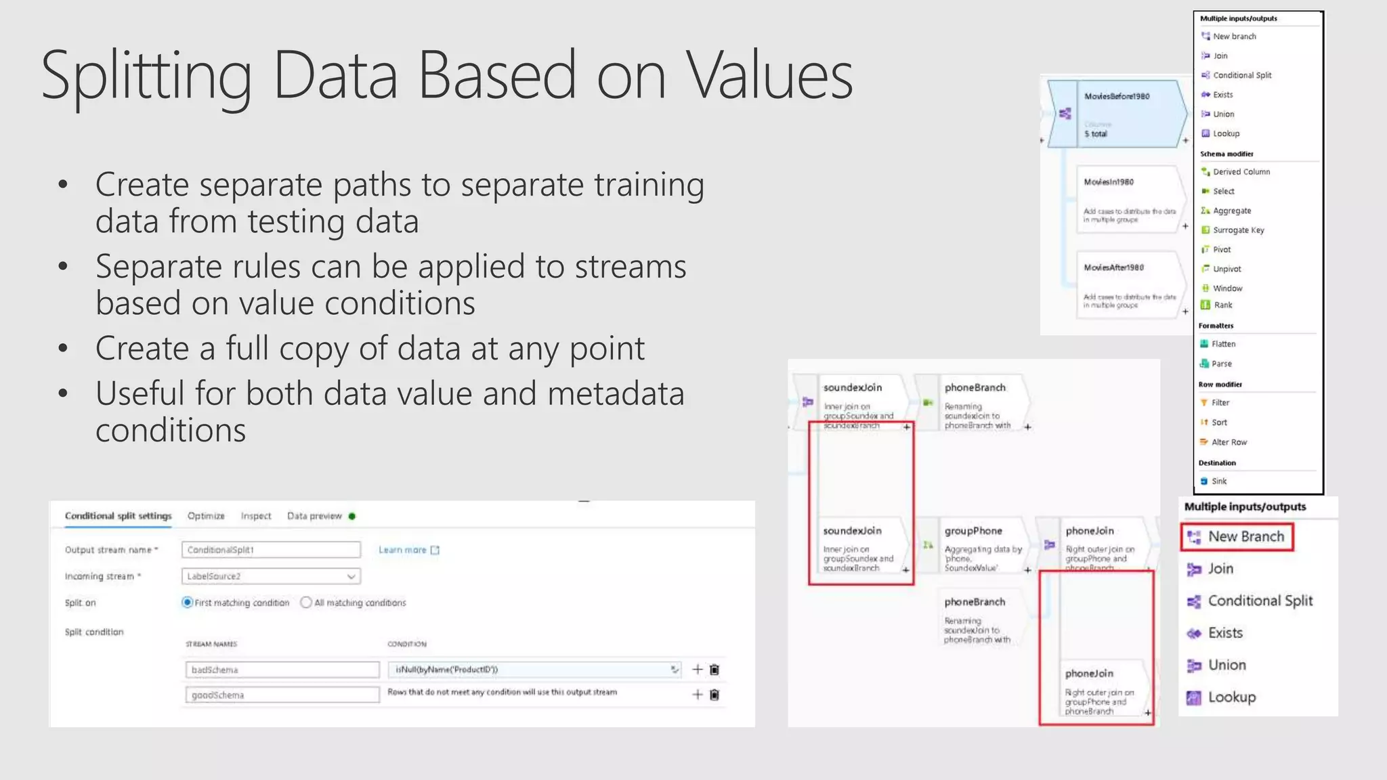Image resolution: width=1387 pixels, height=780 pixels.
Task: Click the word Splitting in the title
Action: click(x=146, y=76)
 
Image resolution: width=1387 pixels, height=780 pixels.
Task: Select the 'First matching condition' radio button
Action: click(x=188, y=603)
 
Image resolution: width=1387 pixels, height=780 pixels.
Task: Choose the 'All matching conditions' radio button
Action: click(x=306, y=603)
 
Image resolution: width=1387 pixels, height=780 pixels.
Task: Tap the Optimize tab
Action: click(x=206, y=516)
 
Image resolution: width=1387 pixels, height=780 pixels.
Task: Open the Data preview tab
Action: click(x=315, y=516)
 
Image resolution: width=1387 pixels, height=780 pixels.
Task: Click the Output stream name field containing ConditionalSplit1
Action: click(x=271, y=550)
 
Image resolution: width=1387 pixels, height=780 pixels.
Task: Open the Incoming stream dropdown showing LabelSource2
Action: click(x=271, y=576)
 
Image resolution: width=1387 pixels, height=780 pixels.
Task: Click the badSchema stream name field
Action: click(x=282, y=670)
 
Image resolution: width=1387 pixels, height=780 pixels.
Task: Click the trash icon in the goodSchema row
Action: click(x=714, y=695)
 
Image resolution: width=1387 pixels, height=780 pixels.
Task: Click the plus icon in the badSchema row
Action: click(x=697, y=670)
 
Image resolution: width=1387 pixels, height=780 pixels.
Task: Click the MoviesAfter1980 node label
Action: click(x=1113, y=267)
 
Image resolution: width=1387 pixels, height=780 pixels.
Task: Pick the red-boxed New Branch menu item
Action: click(x=1245, y=537)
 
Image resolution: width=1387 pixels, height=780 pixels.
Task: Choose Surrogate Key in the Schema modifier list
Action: click(x=1238, y=230)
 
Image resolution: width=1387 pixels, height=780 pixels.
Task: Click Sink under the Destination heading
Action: click(x=1219, y=481)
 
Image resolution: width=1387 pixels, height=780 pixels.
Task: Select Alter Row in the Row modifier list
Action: click(x=1229, y=442)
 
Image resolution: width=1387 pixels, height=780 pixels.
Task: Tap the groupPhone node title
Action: click(x=973, y=531)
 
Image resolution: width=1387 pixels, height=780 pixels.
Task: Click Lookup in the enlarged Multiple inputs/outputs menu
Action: click(x=1231, y=697)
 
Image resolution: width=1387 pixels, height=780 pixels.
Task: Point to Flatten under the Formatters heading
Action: click(x=1223, y=344)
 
